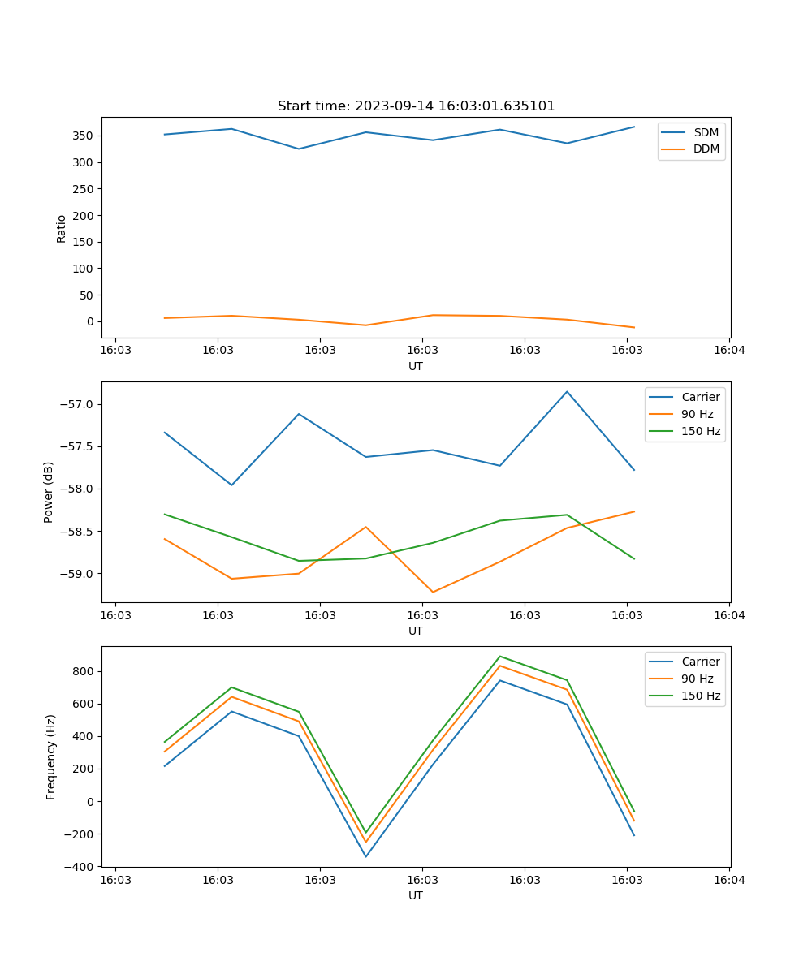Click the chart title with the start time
416,106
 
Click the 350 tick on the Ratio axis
85,136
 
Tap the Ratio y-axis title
62,228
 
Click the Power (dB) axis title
50,492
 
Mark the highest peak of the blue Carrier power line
567,391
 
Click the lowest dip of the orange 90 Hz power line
433,592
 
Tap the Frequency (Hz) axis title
51,756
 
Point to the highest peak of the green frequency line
500,656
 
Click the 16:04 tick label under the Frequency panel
728,880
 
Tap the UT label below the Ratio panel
416,366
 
